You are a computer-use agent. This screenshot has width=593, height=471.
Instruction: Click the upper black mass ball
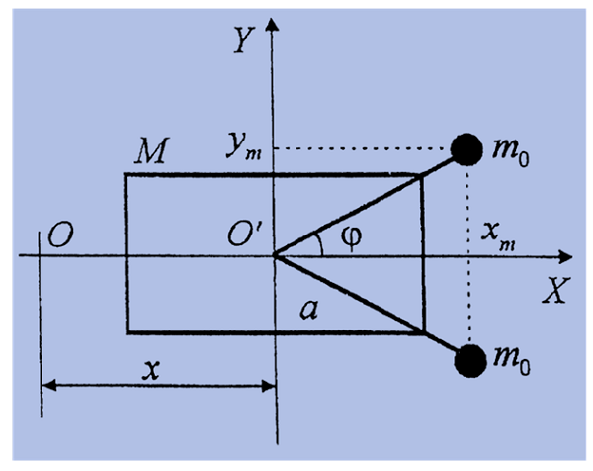(466, 149)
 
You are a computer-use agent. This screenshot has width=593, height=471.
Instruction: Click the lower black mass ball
(470, 361)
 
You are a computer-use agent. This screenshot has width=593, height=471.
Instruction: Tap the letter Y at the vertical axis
(243, 40)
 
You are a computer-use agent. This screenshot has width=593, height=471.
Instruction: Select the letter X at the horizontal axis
(555, 290)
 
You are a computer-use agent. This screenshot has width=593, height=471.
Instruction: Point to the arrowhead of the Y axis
(272, 24)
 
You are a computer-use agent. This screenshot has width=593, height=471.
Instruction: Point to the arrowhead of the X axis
(565, 256)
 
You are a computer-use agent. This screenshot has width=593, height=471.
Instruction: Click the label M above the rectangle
(151, 150)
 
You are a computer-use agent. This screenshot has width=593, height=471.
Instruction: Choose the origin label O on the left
(60, 235)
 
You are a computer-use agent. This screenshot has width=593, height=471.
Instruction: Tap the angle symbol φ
(351, 236)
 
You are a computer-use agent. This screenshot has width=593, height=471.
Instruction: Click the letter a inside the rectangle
(309, 310)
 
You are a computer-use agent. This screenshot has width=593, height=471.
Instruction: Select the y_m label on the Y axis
(243, 146)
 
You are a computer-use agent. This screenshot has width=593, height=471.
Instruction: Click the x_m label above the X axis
(498, 236)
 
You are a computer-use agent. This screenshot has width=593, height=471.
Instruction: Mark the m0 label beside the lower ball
(511, 360)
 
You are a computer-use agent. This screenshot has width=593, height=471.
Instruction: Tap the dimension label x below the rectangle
(151, 369)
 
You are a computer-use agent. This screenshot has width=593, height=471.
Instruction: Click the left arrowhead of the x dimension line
(48, 386)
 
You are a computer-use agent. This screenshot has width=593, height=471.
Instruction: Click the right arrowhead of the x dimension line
(269, 386)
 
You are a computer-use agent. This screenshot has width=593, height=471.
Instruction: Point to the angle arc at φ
(320, 243)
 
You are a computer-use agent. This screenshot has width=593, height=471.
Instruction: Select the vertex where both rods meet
(275, 256)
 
